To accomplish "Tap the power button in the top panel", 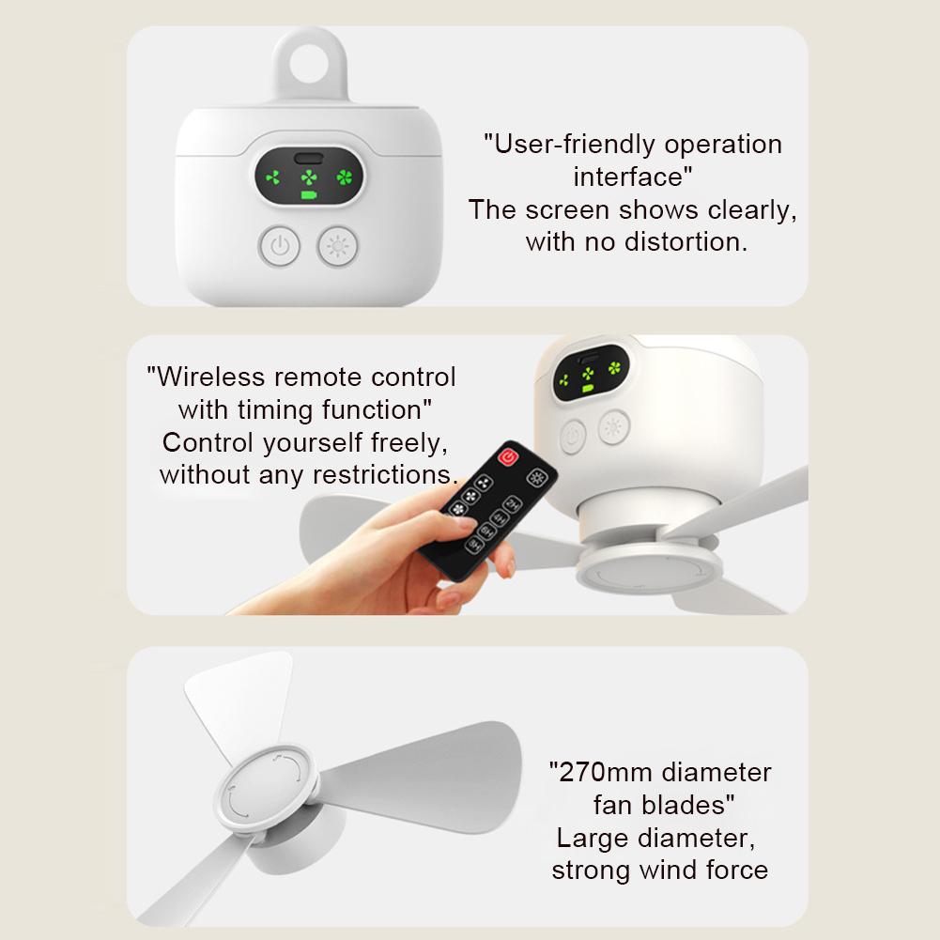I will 279,247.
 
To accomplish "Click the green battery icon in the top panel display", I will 308,196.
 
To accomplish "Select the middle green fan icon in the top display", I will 308,177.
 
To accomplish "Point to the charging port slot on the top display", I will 308,159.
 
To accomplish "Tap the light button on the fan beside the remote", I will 614,428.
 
